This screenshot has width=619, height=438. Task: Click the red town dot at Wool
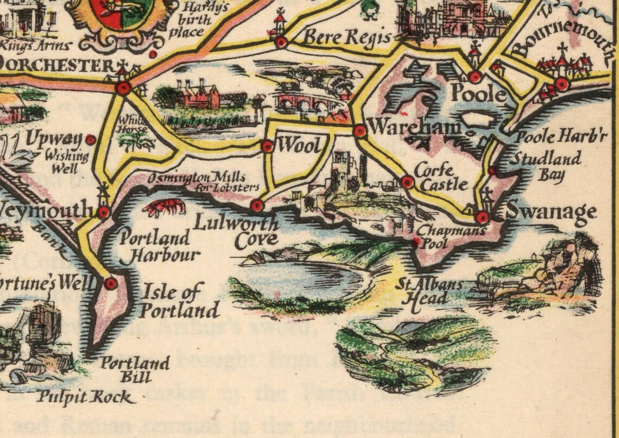point(267,146)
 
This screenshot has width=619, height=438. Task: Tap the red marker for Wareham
point(359,130)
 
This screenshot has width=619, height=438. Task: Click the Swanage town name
point(551,212)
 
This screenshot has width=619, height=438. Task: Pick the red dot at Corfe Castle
point(407,182)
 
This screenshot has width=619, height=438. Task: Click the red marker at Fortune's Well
point(111,283)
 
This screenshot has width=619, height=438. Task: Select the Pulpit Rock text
point(85,397)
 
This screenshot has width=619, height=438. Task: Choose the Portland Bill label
point(135,370)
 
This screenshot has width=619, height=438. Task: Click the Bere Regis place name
point(347,38)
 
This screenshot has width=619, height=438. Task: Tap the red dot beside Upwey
point(91,140)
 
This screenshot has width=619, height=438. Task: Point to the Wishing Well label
point(66,162)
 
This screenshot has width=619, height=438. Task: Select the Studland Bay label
point(545,166)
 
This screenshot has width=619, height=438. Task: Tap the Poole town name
point(478,94)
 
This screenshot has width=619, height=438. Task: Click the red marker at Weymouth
point(104,212)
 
